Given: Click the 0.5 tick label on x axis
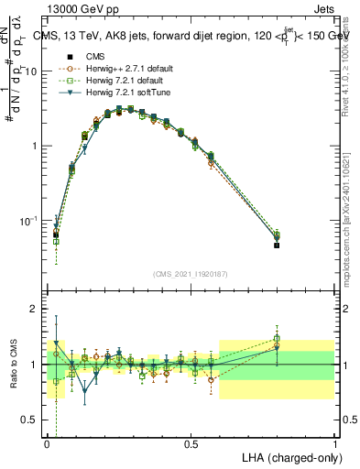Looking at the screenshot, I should coord(191,443).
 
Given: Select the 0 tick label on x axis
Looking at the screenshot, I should coord(47,443).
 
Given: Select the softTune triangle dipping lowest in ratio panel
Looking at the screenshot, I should coord(85,390).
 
